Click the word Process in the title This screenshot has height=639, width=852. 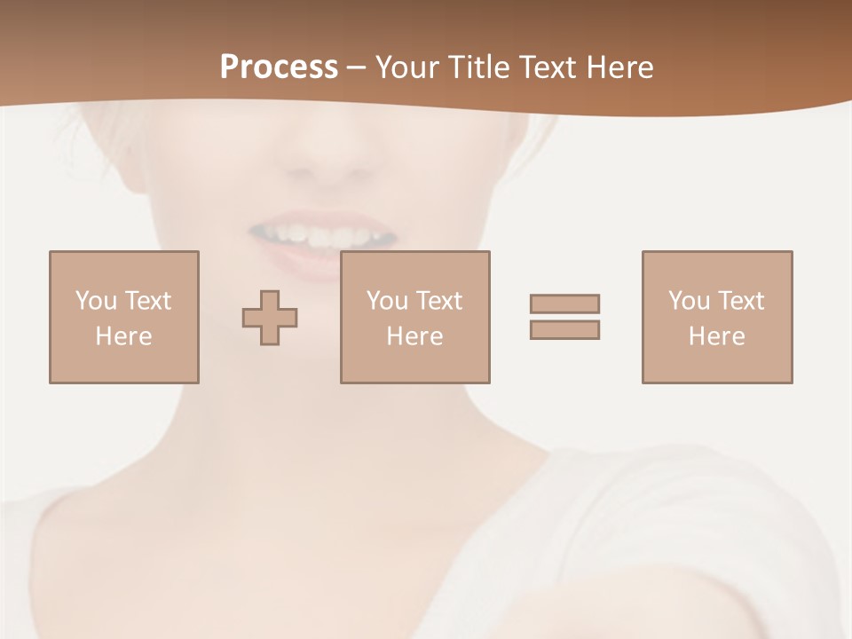click(279, 67)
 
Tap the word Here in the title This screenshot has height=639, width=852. click(620, 67)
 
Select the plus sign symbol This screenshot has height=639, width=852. click(270, 318)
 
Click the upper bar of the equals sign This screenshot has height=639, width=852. click(564, 304)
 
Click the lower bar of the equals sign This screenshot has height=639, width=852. click(564, 329)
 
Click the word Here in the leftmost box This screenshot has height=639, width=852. click(123, 336)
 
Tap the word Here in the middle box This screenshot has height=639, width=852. click(414, 336)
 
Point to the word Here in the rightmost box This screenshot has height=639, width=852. click(716, 336)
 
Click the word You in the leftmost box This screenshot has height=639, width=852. click(96, 301)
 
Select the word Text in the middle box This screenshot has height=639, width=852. click(439, 301)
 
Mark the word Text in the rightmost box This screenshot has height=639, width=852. click(741, 301)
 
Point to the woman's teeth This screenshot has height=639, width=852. click(322, 234)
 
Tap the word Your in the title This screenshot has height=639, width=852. click(406, 67)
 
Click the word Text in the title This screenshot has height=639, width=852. click(548, 67)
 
